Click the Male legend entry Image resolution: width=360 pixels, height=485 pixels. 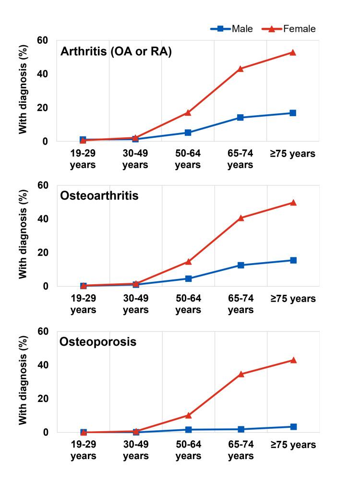click(x=232, y=29)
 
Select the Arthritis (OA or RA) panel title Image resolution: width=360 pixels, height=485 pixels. click(x=116, y=52)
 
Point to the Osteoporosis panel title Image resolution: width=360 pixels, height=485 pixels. click(x=98, y=343)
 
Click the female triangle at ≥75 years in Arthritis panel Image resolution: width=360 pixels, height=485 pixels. click(x=292, y=52)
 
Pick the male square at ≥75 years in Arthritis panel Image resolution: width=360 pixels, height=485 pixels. click(x=292, y=113)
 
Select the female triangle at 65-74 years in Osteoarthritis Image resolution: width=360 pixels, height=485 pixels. click(x=240, y=218)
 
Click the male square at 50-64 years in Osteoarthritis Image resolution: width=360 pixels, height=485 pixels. click(x=188, y=279)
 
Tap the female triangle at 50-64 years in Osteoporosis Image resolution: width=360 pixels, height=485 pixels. click(x=188, y=415)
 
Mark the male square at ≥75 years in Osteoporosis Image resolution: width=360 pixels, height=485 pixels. click(x=293, y=426)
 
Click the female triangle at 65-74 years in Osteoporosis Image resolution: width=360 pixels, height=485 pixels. click(x=240, y=374)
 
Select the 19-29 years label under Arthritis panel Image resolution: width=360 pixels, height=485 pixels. click(x=83, y=159)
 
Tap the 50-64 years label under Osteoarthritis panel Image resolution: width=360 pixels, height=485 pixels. click(x=188, y=304)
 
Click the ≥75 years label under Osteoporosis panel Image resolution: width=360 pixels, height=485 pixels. click(x=292, y=445)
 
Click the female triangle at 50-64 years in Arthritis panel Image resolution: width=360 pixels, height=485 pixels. click(x=188, y=112)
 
